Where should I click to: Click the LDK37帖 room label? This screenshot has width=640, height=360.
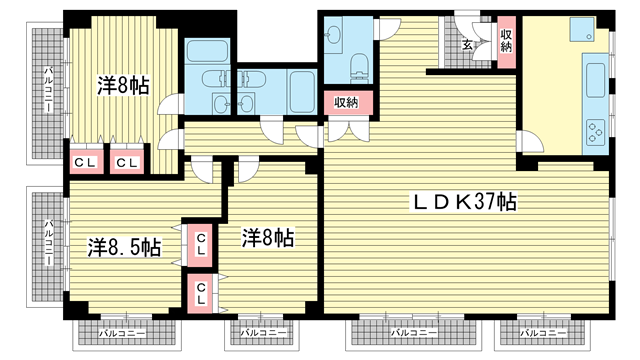(464, 202)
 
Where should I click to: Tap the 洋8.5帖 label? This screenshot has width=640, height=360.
(124, 247)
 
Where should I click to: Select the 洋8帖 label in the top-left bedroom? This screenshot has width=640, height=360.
(123, 85)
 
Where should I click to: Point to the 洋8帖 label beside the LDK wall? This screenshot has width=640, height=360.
(268, 238)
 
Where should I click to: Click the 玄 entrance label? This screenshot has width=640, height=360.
(467, 44)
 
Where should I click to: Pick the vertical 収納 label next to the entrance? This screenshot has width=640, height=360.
(506, 41)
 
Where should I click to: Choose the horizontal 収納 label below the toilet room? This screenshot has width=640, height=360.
(346, 102)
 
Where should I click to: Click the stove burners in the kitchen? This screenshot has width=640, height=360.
(596, 132)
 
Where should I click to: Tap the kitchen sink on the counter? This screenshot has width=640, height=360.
(596, 80)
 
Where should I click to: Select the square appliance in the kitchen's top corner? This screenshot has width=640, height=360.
(581, 29)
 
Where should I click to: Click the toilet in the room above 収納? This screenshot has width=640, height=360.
(360, 66)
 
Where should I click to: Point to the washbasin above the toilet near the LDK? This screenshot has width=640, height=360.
(334, 33)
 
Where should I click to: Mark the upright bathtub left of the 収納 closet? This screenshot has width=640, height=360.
(302, 92)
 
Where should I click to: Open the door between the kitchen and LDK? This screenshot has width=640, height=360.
(529, 141)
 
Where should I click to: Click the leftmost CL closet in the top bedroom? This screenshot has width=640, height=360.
(85, 163)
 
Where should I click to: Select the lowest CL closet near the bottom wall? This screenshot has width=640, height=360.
(200, 293)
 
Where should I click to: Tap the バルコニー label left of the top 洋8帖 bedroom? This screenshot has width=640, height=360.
(49, 89)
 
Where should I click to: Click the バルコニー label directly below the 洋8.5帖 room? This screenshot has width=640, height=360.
(122, 333)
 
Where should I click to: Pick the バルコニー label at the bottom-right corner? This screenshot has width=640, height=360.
(543, 333)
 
